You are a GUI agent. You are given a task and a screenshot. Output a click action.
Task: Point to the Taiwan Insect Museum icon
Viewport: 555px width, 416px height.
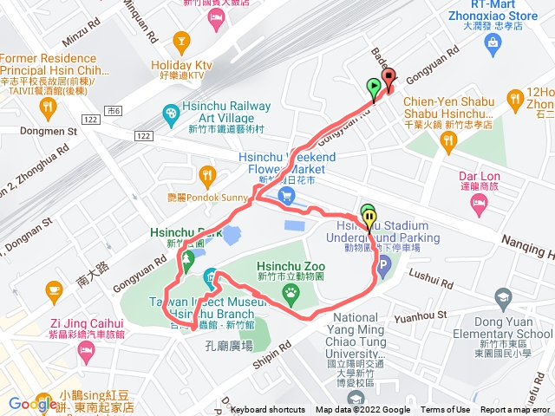pos(211,279)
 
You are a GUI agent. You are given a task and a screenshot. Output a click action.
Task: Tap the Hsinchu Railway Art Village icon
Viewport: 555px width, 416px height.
pos(171,114)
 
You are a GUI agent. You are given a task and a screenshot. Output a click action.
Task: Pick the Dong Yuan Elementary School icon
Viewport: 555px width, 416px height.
pos(501,299)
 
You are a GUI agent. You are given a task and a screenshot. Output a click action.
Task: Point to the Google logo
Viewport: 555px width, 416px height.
pos(33,403)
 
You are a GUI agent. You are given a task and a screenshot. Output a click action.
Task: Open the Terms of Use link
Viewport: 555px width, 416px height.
pos(445,410)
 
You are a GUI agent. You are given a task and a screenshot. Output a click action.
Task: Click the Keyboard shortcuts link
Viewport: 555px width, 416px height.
pos(268,410)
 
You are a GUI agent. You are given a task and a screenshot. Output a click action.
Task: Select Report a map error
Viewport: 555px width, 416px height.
pos(516,410)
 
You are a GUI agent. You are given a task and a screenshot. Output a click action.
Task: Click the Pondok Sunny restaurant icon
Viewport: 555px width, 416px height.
pos(206,172)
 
